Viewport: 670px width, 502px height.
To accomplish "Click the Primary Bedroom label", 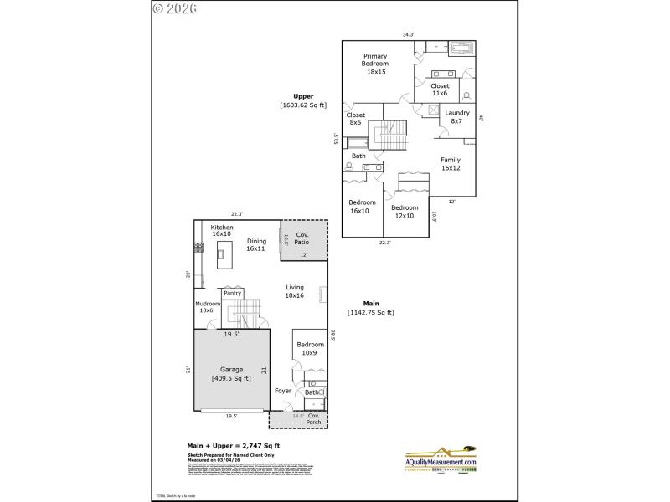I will [x=375, y=64].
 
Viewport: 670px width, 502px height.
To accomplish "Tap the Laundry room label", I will [x=456, y=117].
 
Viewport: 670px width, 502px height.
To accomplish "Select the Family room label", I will [x=451, y=164].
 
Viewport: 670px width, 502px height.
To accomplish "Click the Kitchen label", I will [x=222, y=230].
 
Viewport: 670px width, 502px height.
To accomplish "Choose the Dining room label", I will [x=256, y=244].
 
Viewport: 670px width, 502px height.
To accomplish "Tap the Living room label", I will [x=295, y=290].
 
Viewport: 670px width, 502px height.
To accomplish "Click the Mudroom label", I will [x=207, y=306].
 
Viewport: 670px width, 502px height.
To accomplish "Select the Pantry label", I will [x=232, y=293].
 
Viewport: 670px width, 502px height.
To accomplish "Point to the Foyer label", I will [x=283, y=391].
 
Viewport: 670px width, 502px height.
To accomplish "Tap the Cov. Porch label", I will [x=313, y=418].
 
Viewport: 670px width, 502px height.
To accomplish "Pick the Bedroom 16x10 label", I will [x=362, y=207].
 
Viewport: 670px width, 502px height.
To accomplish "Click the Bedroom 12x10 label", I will [x=404, y=212].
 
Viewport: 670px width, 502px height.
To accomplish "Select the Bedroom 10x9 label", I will [x=309, y=348].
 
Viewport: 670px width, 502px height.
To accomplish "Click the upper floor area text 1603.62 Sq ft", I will [x=303, y=105].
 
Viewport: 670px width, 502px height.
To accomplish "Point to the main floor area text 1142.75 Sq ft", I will [x=370, y=312].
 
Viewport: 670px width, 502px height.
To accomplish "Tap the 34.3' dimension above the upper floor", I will [x=408, y=35].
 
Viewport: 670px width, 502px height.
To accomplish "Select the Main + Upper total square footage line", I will [x=233, y=445].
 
